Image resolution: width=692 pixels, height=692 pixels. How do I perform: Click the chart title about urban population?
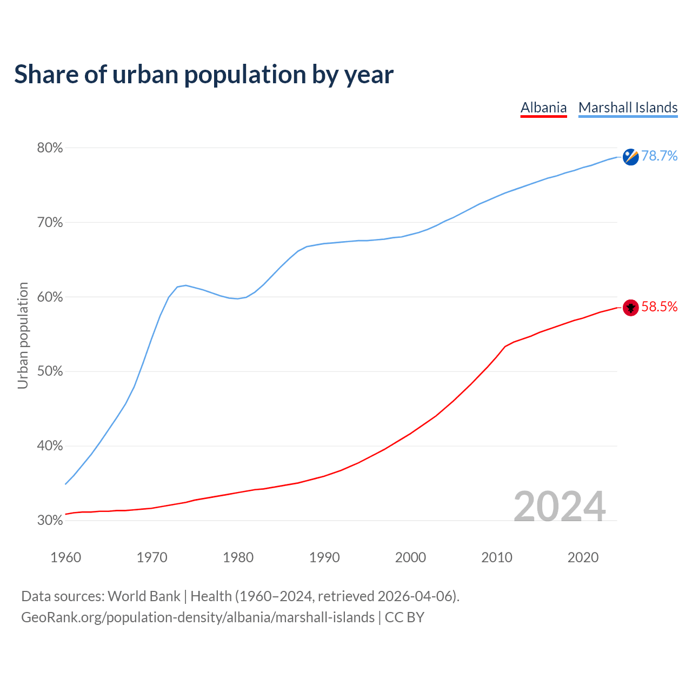[x=204, y=75]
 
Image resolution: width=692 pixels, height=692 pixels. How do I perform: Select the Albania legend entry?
[x=543, y=108]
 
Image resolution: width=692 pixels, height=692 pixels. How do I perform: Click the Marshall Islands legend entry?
[x=628, y=108]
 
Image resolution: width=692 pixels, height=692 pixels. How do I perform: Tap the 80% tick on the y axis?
[x=50, y=148]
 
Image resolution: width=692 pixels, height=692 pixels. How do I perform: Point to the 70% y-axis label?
[x=50, y=223]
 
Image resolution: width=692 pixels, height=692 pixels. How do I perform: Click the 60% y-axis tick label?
[x=50, y=297]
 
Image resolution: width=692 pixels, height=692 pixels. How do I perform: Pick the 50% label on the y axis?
[x=50, y=371]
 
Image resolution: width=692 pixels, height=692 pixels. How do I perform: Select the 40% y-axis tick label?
[x=50, y=446]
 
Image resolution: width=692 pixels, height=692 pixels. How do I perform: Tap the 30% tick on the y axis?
[x=50, y=521]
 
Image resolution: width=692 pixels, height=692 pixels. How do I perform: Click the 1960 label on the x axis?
[x=65, y=557]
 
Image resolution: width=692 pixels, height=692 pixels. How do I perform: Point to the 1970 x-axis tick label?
[x=152, y=557]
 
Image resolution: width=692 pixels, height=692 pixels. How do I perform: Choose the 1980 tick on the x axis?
[x=238, y=557]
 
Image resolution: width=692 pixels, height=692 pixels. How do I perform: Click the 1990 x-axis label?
[x=324, y=557]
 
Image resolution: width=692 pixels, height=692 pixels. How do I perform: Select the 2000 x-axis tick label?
[x=410, y=557]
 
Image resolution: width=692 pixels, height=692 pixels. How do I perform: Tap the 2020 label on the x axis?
[x=583, y=557]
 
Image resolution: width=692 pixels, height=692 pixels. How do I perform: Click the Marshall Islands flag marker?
[x=630, y=157]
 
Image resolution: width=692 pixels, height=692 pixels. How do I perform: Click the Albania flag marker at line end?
[x=630, y=308]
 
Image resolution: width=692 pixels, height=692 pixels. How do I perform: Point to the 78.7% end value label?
[x=659, y=156]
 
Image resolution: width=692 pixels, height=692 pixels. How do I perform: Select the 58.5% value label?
[x=659, y=307]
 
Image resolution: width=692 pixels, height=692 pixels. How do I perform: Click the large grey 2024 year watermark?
[x=559, y=507]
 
